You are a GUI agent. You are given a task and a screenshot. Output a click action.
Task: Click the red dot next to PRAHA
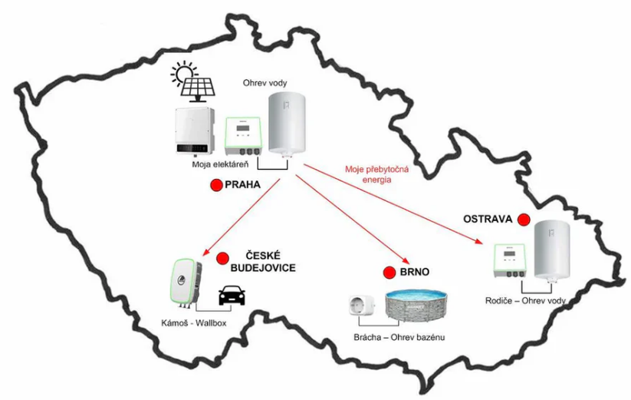point(216,185)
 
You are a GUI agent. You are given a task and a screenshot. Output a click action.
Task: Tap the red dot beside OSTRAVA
point(524,220)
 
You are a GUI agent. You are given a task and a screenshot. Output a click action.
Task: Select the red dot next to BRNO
point(388,273)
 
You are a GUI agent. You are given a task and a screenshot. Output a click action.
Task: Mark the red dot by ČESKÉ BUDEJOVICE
point(223,259)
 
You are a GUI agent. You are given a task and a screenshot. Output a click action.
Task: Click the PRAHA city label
point(242,185)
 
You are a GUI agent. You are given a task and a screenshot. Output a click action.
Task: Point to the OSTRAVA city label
point(488,219)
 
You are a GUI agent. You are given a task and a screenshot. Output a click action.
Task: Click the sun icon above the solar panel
point(185,74)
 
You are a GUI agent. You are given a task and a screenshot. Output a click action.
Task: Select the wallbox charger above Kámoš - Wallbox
point(183,283)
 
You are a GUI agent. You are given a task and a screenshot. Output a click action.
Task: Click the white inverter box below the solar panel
point(194,131)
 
